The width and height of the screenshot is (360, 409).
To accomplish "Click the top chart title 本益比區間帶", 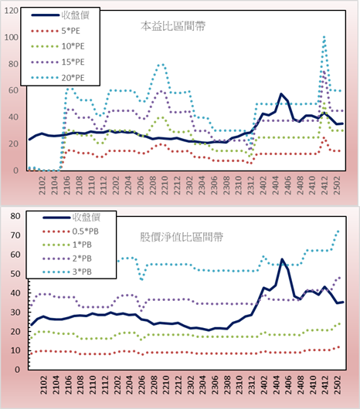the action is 173,26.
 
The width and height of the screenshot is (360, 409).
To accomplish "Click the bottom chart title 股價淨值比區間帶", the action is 182,237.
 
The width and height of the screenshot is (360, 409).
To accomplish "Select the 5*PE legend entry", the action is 56,31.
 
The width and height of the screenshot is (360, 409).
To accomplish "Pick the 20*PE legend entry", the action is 58,78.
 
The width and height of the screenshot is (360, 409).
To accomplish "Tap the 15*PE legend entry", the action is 58,62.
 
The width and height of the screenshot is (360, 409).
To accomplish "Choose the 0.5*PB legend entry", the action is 70,232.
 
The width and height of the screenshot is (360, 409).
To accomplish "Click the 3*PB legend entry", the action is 67,272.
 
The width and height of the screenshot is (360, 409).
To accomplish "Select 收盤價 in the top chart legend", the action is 60,15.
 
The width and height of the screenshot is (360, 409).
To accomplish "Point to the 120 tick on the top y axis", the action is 12,11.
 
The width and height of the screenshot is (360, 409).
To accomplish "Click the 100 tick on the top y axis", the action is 12,37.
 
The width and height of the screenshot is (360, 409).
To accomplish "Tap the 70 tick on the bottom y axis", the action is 15,235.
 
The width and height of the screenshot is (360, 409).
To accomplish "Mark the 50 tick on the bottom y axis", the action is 15,274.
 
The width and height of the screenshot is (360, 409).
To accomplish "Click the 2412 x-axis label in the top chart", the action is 324,185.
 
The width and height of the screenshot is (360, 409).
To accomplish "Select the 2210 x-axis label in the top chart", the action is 165,185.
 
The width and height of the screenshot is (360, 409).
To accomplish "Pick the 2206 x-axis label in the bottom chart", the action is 141,385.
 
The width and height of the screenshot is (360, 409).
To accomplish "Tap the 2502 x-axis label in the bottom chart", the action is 338,385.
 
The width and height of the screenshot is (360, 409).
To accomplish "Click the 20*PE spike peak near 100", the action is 324,37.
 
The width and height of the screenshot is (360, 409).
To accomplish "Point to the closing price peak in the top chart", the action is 281,94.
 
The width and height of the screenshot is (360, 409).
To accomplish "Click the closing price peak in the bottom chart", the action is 282,259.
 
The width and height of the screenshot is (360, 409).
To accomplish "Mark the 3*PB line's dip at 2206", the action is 141,279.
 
